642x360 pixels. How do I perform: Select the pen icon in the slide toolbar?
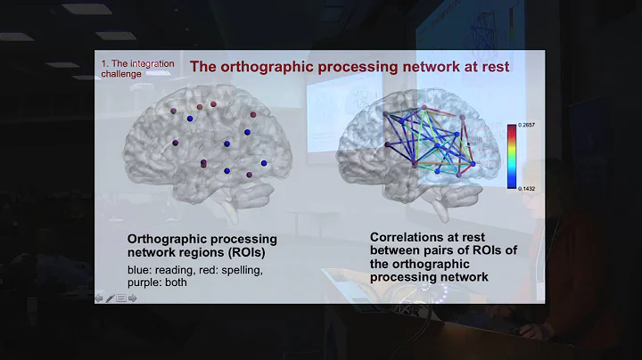click(110, 299)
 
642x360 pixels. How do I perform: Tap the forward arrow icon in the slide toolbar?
click(133, 299)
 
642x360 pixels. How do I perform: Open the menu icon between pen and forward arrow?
click(121, 299)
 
